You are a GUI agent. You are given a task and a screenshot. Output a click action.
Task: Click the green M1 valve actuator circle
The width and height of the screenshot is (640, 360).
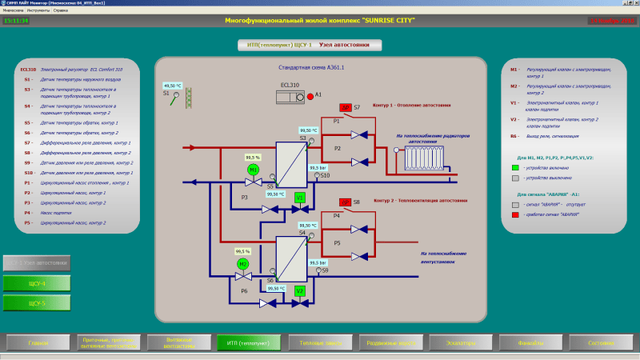pyautogui.click(x=254, y=170)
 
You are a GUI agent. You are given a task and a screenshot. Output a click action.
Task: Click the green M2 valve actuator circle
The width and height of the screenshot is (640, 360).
pyautogui.click(x=244, y=263)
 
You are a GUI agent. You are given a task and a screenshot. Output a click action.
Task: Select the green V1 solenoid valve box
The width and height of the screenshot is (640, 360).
pyautogui.click(x=300, y=197)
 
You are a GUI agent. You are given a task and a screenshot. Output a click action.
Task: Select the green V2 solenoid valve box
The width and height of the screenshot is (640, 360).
pyautogui.click(x=300, y=291)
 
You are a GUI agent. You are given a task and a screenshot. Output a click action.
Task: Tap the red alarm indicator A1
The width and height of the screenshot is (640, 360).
pyautogui.click(x=310, y=96)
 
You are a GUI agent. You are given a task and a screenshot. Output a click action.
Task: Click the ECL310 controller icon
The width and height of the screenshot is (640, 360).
pyautogui.click(x=289, y=96)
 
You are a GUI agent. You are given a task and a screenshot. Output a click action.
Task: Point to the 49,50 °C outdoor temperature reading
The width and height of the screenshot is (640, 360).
pyautogui.click(x=173, y=85)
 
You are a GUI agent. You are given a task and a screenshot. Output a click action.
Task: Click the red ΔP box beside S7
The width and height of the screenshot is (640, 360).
pyautogui.click(x=346, y=107)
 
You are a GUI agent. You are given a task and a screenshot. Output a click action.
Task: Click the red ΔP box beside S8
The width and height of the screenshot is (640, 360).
pyautogui.click(x=346, y=202)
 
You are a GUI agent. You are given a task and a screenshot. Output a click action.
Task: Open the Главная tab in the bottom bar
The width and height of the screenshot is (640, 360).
pyautogui.click(x=38, y=342)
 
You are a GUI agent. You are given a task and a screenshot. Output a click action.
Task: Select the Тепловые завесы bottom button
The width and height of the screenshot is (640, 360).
pyautogui.click(x=317, y=342)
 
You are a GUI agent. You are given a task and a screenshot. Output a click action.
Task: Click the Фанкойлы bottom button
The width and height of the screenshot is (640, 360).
pyautogui.click(x=528, y=342)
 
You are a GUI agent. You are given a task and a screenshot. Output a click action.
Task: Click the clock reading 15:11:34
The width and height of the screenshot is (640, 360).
pyautogui.click(x=16, y=20)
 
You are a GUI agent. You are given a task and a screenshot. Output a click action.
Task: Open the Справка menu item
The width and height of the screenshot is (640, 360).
pyautogui.click(x=55, y=10)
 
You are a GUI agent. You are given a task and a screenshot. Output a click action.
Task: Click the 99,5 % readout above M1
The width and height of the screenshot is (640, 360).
pyautogui.click(x=254, y=158)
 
